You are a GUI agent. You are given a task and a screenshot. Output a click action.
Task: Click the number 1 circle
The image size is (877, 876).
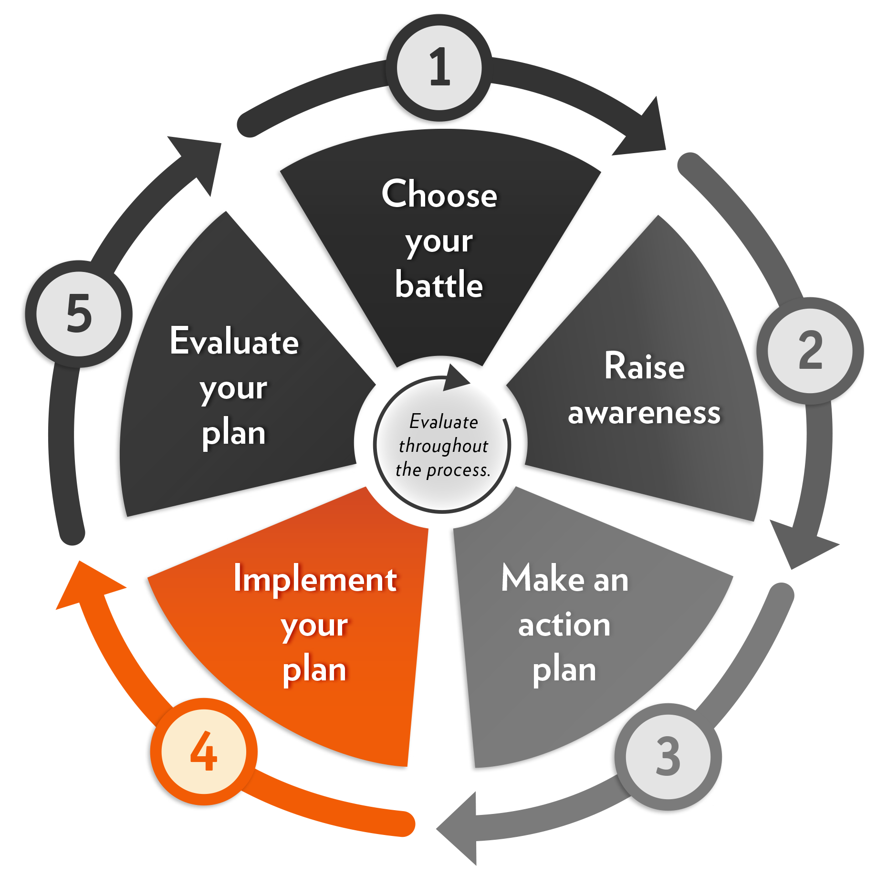[x=439, y=67]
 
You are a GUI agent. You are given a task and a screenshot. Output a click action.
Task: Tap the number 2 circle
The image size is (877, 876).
[x=810, y=351]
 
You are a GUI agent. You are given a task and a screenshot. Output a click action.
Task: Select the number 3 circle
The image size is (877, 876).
[x=668, y=756]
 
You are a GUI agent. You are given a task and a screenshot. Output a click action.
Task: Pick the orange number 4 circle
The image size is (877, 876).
[x=204, y=751]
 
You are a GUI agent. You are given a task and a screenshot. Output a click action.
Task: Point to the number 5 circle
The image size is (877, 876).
[x=79, y=314]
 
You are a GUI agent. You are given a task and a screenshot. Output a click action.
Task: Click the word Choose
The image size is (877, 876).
[x=439, y=195]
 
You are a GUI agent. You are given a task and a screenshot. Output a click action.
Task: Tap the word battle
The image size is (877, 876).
[x=439, y=285]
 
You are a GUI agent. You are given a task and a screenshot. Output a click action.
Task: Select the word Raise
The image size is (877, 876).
[x=644, y=366]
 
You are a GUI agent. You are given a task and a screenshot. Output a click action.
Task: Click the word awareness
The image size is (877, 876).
[x=644, y=413]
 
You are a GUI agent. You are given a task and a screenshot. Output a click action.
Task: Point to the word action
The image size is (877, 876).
[x=564, y=625]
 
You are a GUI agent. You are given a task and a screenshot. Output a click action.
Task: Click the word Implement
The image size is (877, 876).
[x=315, y=579]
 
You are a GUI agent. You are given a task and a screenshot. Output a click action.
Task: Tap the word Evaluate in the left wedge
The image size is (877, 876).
[x=234, y=342]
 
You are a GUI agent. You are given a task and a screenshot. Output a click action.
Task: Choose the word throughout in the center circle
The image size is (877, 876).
[x=443, y=446]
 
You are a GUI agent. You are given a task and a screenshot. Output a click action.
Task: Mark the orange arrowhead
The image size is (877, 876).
[x=86, y=584]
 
